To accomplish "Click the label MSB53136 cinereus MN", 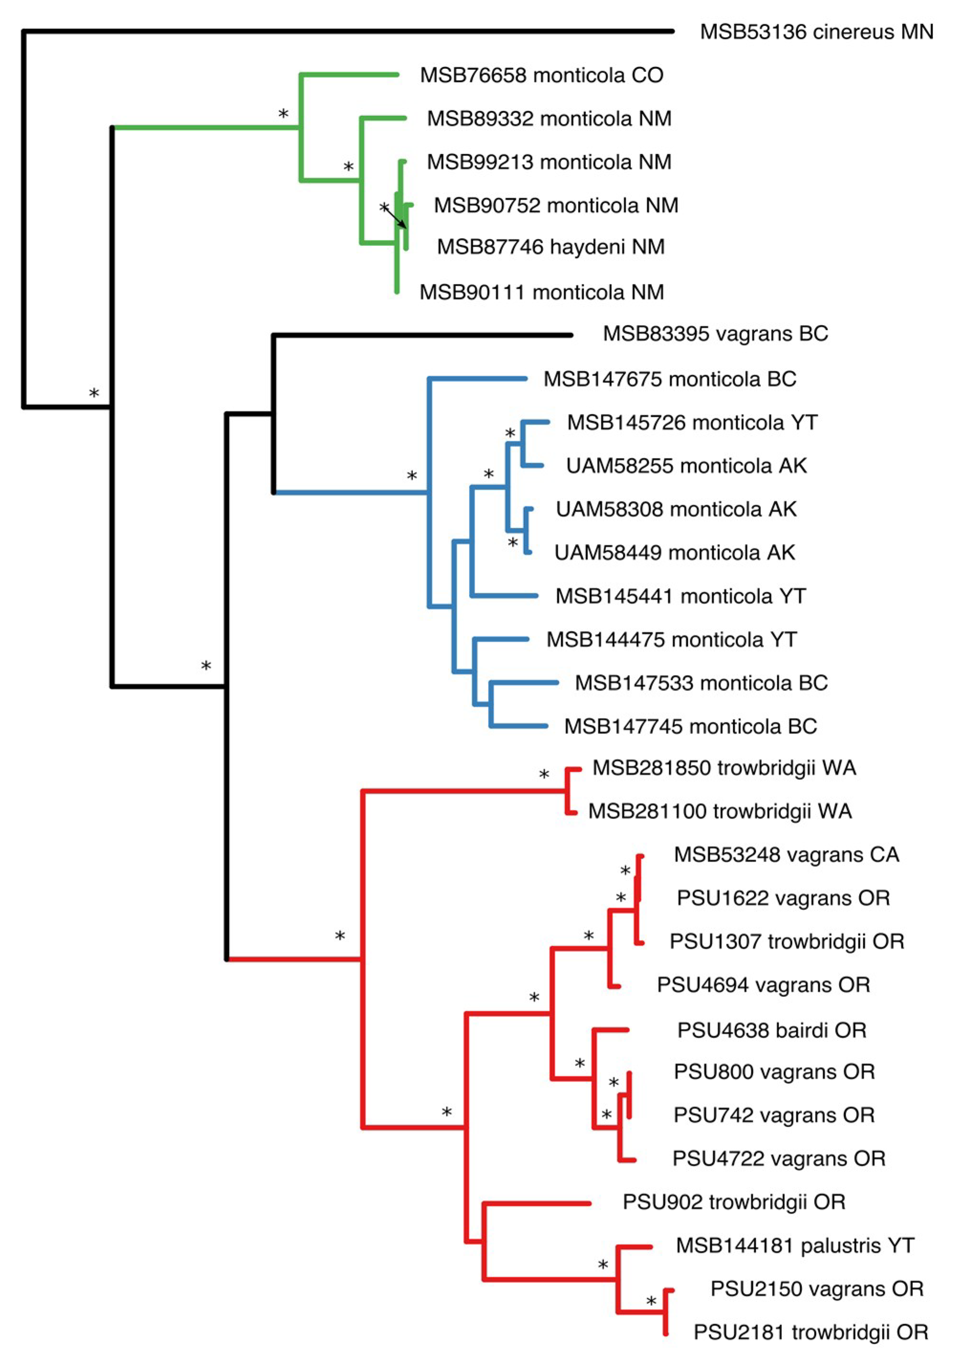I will (816, 32).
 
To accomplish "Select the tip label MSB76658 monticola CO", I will (541, 75).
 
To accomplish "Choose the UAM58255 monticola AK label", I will (686, 466).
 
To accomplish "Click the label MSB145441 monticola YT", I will (681, 596).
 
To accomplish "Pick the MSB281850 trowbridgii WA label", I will (724, 768).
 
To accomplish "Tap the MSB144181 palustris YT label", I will (795, 1246).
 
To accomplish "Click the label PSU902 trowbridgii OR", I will (734, 1202).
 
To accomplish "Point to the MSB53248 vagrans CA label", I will (786, 855).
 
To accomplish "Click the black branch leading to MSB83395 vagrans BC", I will (422, 335).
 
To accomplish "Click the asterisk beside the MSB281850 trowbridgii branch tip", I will (544, 775).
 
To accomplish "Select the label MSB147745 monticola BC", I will (690, 726).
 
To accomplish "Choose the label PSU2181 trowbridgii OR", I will (811, 1333).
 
